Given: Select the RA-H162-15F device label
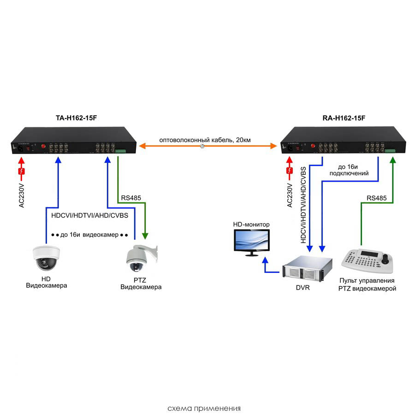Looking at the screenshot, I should (344, 119).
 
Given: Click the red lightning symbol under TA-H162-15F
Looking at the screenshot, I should (21, 172).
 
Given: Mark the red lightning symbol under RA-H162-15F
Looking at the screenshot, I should (290, 172).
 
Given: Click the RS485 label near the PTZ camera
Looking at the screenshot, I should (131, 198).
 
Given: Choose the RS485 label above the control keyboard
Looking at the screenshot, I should (377, 198).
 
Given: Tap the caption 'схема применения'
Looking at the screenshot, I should (204, 408).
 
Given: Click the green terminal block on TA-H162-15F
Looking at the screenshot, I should (120, 151).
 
